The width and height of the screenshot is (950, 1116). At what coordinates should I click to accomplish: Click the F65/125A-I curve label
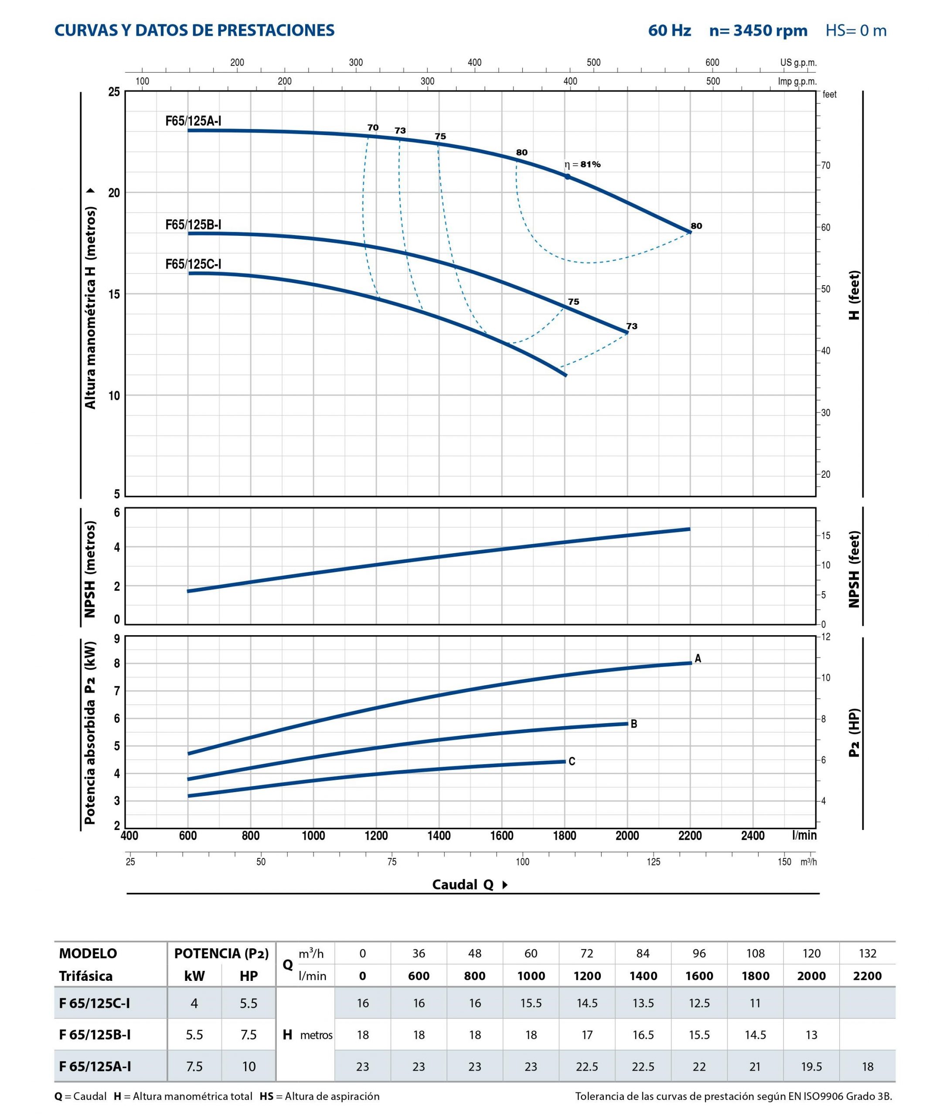click(193, 121)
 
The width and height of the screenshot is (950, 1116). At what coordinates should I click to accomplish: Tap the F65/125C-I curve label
click(193, 264)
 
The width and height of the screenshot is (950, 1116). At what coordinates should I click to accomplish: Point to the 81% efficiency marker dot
click(567, 177)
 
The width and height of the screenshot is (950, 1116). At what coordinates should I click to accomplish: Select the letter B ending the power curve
click(634, 724)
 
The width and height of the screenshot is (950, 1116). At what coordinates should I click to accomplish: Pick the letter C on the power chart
click(572, 761)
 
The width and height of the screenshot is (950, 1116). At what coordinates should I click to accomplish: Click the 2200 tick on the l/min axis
click(690, 836)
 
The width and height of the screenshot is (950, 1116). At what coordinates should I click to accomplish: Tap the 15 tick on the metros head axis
click(114, 294)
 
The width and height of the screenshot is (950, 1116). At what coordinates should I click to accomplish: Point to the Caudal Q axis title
click(463, 885)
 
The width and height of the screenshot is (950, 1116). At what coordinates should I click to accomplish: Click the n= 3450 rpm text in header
click(758, 31)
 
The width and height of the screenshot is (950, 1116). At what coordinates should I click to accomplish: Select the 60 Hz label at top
click(669, 31)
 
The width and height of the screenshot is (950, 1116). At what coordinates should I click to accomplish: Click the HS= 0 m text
click(856, 31)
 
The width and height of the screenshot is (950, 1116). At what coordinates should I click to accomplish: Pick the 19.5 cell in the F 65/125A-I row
click(811, 1066)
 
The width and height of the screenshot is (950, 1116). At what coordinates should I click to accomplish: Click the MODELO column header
click(88, 953)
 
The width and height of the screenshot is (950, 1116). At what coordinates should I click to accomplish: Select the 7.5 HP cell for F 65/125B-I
click(249, 1035)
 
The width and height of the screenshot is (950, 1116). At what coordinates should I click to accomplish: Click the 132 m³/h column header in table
click(868, 953)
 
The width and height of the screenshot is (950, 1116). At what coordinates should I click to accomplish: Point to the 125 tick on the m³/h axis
click(653, 862)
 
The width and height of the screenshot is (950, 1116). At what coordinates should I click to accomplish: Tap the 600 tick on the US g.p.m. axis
click(712, 62)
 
